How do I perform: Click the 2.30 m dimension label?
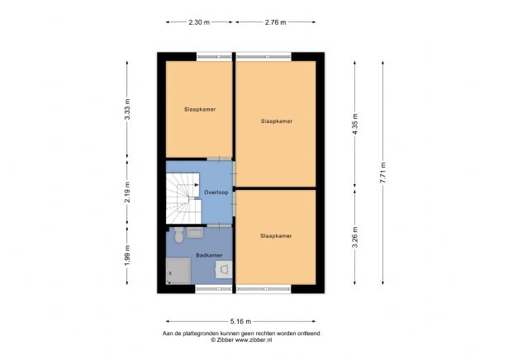(x=199, y=22)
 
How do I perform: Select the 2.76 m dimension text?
(x=274, y=22)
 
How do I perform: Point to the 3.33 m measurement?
(x=127, y=111)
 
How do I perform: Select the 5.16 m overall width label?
(x=241, y=320)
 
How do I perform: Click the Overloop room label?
(x=216, y=192)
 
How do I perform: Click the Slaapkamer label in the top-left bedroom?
(x=199, y=109)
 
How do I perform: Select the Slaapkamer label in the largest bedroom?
(x=276, y=121)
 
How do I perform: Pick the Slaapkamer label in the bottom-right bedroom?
(x=276, y=235)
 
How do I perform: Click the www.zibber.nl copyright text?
(x=241, y=339)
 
